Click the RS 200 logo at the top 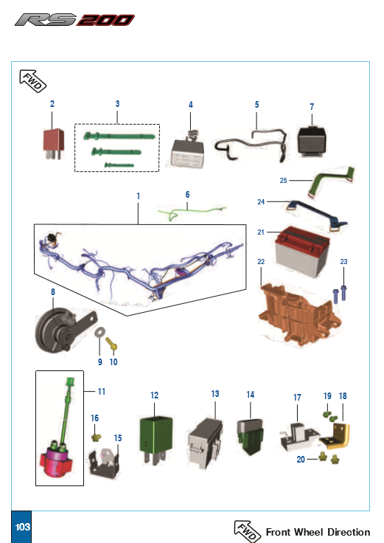point(74,20)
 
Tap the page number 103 point(23,527)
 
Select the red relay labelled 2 point(54,143)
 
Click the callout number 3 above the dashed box point(118,103)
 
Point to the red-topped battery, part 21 point(301,251)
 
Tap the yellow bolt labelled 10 point(111,344)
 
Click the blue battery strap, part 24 point(316,215)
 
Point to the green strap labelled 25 point(332,181)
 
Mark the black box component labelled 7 point(311,141)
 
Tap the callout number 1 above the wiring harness point(139,196)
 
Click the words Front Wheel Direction point(318,532)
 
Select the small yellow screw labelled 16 point(96,437)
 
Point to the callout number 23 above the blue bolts point(343,261)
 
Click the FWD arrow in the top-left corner point(32,81)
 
